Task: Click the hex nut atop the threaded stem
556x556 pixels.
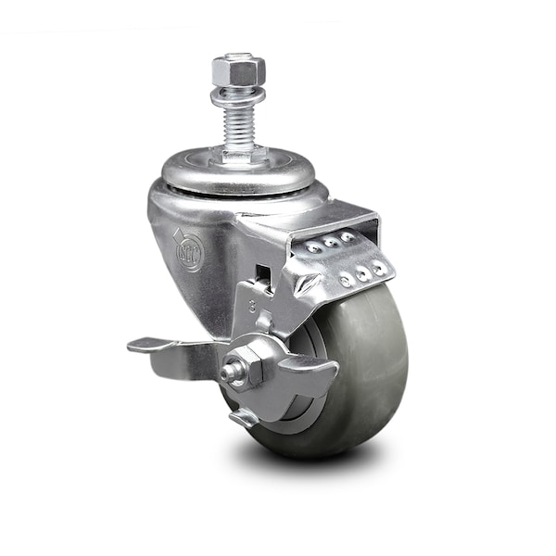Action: pos(238,69)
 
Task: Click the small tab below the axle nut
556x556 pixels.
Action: pos(244,417)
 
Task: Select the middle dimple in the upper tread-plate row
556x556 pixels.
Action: pos(331,243)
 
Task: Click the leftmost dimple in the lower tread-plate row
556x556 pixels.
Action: pos(347,279)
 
